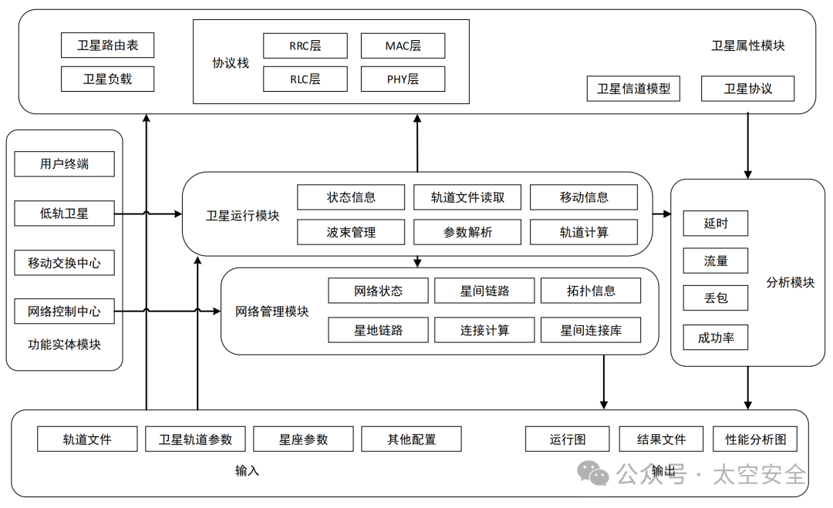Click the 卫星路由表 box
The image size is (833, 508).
coord(107,45)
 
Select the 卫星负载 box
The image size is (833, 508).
coord(107,79)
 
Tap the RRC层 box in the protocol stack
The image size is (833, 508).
coord(305,45)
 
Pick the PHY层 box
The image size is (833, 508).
coord(403,79)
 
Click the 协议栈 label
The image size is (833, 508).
coord(231,63)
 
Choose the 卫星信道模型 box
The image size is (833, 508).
coord(633,88)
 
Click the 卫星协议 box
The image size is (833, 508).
coord(747,88)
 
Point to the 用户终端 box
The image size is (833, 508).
coord(64,163)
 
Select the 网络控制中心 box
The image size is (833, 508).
coord(64,311)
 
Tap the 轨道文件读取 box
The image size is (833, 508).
coord(467,197)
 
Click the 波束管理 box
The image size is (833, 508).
coord(351,232)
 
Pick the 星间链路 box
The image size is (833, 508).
coord(484,291)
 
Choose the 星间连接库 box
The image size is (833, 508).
coord(591,331)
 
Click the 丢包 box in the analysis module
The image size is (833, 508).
coord(715,298)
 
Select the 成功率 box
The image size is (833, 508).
coord(715,337)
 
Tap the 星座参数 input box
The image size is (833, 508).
coord(303,439)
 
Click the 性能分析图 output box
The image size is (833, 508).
coord(755,439)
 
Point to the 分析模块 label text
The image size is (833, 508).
coord(790,282)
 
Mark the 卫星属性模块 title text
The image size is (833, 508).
coord(747,46)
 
